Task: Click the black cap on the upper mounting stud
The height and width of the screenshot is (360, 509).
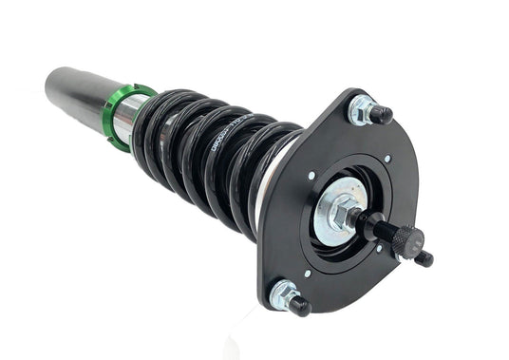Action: (381, 115)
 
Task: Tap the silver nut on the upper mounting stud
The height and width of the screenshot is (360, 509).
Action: (361, 109)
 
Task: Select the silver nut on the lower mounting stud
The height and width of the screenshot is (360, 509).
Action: (282, 295)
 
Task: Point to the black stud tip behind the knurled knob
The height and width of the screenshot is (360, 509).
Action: (424, 257)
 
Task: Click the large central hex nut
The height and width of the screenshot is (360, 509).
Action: (343, 211)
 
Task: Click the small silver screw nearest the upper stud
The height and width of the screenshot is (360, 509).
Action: (387, 158)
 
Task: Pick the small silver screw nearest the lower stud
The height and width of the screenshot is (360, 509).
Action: (307, 274)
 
